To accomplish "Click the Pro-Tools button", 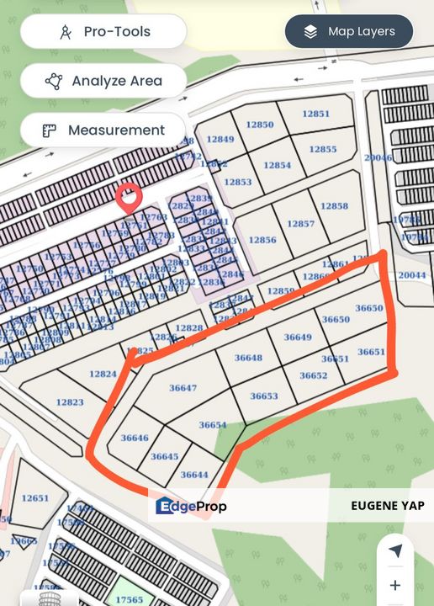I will pos(103,32).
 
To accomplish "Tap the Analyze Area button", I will pos(103,82).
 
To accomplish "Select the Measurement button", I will pos(103,130).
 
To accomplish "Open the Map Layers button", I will pos(349,32).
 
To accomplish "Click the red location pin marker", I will pos(129,197).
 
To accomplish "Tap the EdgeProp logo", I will pos(192,506).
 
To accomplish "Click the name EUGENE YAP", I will pos(387,506).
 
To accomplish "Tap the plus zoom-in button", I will pos(395,585).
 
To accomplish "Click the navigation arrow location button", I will pos(395,550).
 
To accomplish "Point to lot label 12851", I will pos(315,114).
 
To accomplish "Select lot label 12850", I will pos(259,125).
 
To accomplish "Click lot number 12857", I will pos(300,224).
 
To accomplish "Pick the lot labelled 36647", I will pos(183,388).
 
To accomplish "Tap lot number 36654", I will pos(213,425).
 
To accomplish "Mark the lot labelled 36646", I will pos(135,438).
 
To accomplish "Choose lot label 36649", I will pos(298,337).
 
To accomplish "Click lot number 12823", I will pos(70,402).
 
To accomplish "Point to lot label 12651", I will pos(35,498).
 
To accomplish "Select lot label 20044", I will pos(412,275).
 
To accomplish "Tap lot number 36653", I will pos(264,396).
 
